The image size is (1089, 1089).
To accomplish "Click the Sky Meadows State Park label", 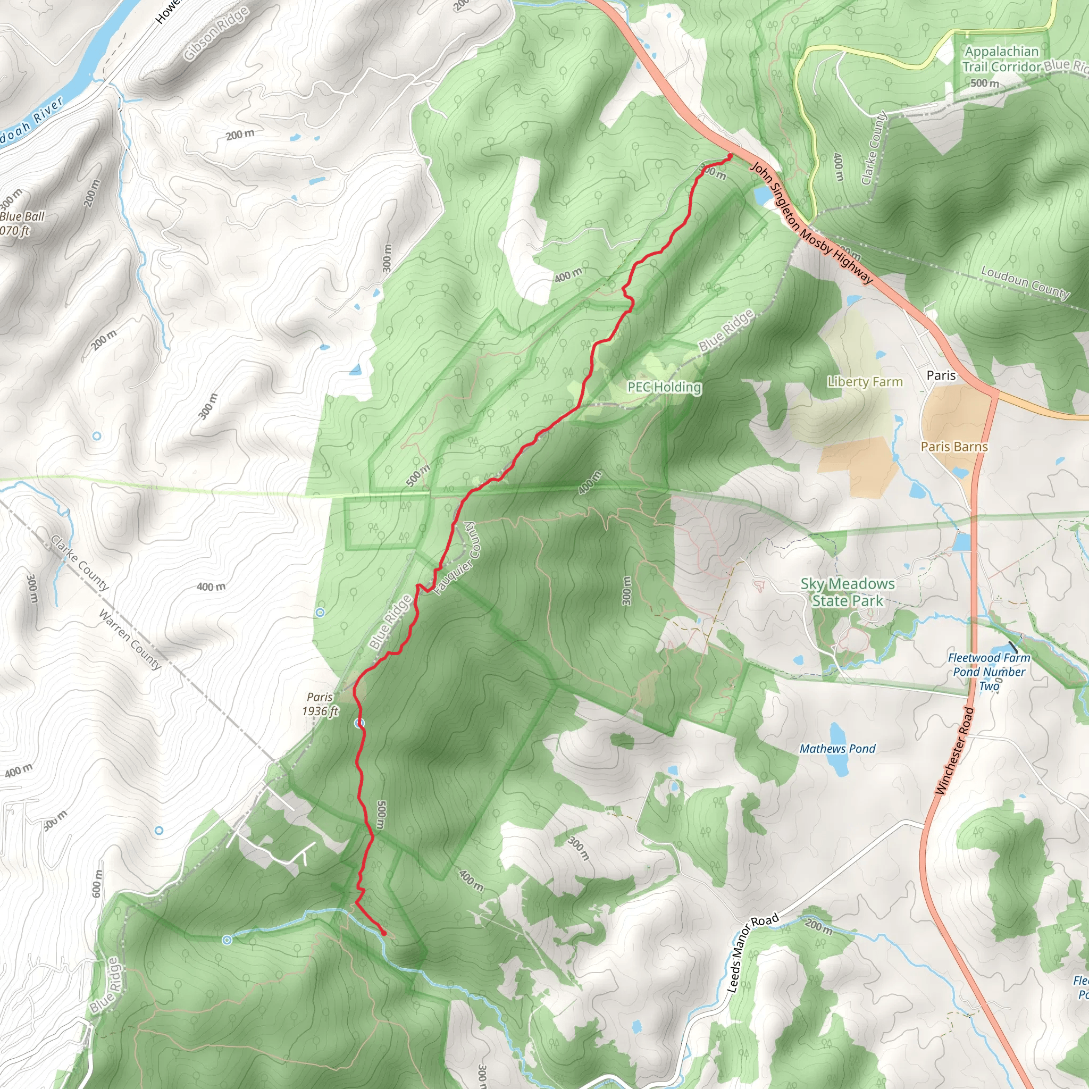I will coord(847,592).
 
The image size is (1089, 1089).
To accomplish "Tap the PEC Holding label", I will coord(664,387).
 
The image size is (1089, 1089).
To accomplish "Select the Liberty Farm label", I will coord(865,382).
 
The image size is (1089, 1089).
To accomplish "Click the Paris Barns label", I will coord(954,447).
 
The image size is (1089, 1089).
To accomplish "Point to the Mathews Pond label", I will coord(837,749).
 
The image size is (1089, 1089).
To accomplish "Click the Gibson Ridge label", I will coord(216,33).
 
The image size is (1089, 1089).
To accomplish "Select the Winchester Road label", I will coord(954,751).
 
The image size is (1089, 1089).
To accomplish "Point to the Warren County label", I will coord(130,640).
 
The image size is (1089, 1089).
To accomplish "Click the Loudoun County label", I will coord(1025,282).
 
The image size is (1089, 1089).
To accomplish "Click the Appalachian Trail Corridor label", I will coord(1001,59).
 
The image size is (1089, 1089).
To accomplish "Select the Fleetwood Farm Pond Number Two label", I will coord(989,672).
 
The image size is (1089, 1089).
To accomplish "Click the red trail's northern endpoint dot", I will coord(730,156).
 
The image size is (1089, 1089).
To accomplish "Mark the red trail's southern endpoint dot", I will coord(384,933).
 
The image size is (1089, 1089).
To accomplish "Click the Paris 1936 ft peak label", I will coord(320,704).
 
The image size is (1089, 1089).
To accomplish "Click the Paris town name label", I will coord(941,375).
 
